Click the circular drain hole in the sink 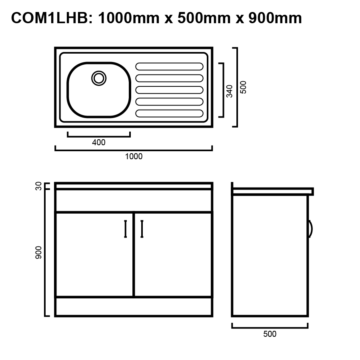99,78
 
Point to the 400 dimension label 99,142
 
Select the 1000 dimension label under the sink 134,156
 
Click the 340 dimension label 229,91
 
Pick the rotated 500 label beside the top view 244,87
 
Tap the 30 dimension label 39,186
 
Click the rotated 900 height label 39,252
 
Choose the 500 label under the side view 270,334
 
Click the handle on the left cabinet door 126,229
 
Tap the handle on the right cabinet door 142,229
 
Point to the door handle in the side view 310,229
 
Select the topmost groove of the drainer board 170,66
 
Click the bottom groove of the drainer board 170,113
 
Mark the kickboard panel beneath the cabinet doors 134,306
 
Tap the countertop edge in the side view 273,191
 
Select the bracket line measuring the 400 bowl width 99,136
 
